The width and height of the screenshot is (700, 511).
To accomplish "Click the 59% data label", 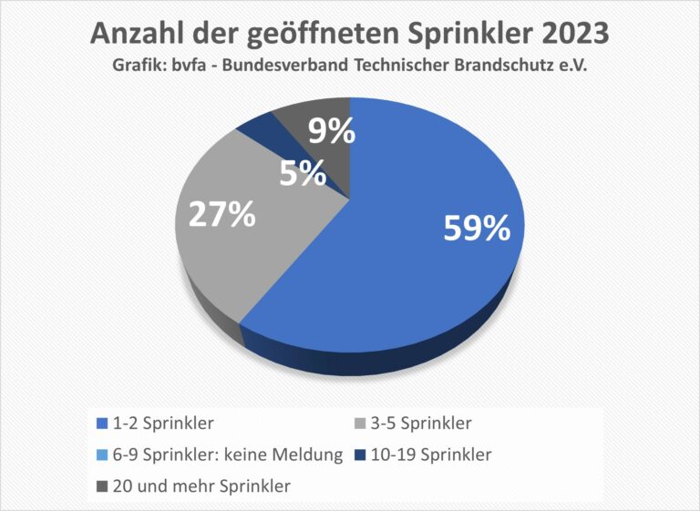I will (477, 229).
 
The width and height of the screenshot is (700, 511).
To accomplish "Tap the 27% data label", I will (221, 215).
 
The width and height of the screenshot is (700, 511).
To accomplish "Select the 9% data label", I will (331, 133).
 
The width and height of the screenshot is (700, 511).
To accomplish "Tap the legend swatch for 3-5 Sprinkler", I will (358, 424).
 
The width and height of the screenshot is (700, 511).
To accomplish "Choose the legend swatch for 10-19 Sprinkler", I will (358, 455).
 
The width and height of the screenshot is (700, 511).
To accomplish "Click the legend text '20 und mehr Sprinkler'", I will (201, 485).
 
